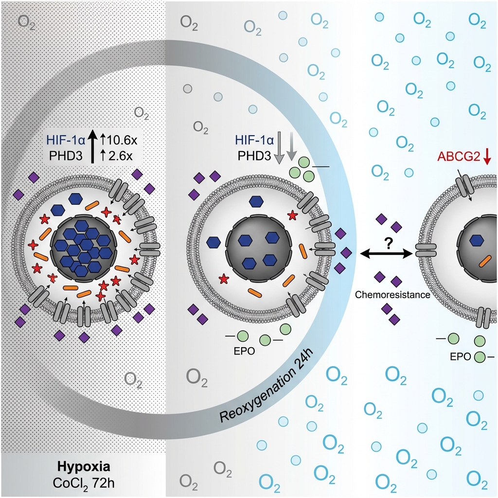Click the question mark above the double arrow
point(388,243)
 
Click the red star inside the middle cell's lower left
point(223,279)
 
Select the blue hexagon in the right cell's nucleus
point(477,239)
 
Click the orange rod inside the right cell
point(485,261)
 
